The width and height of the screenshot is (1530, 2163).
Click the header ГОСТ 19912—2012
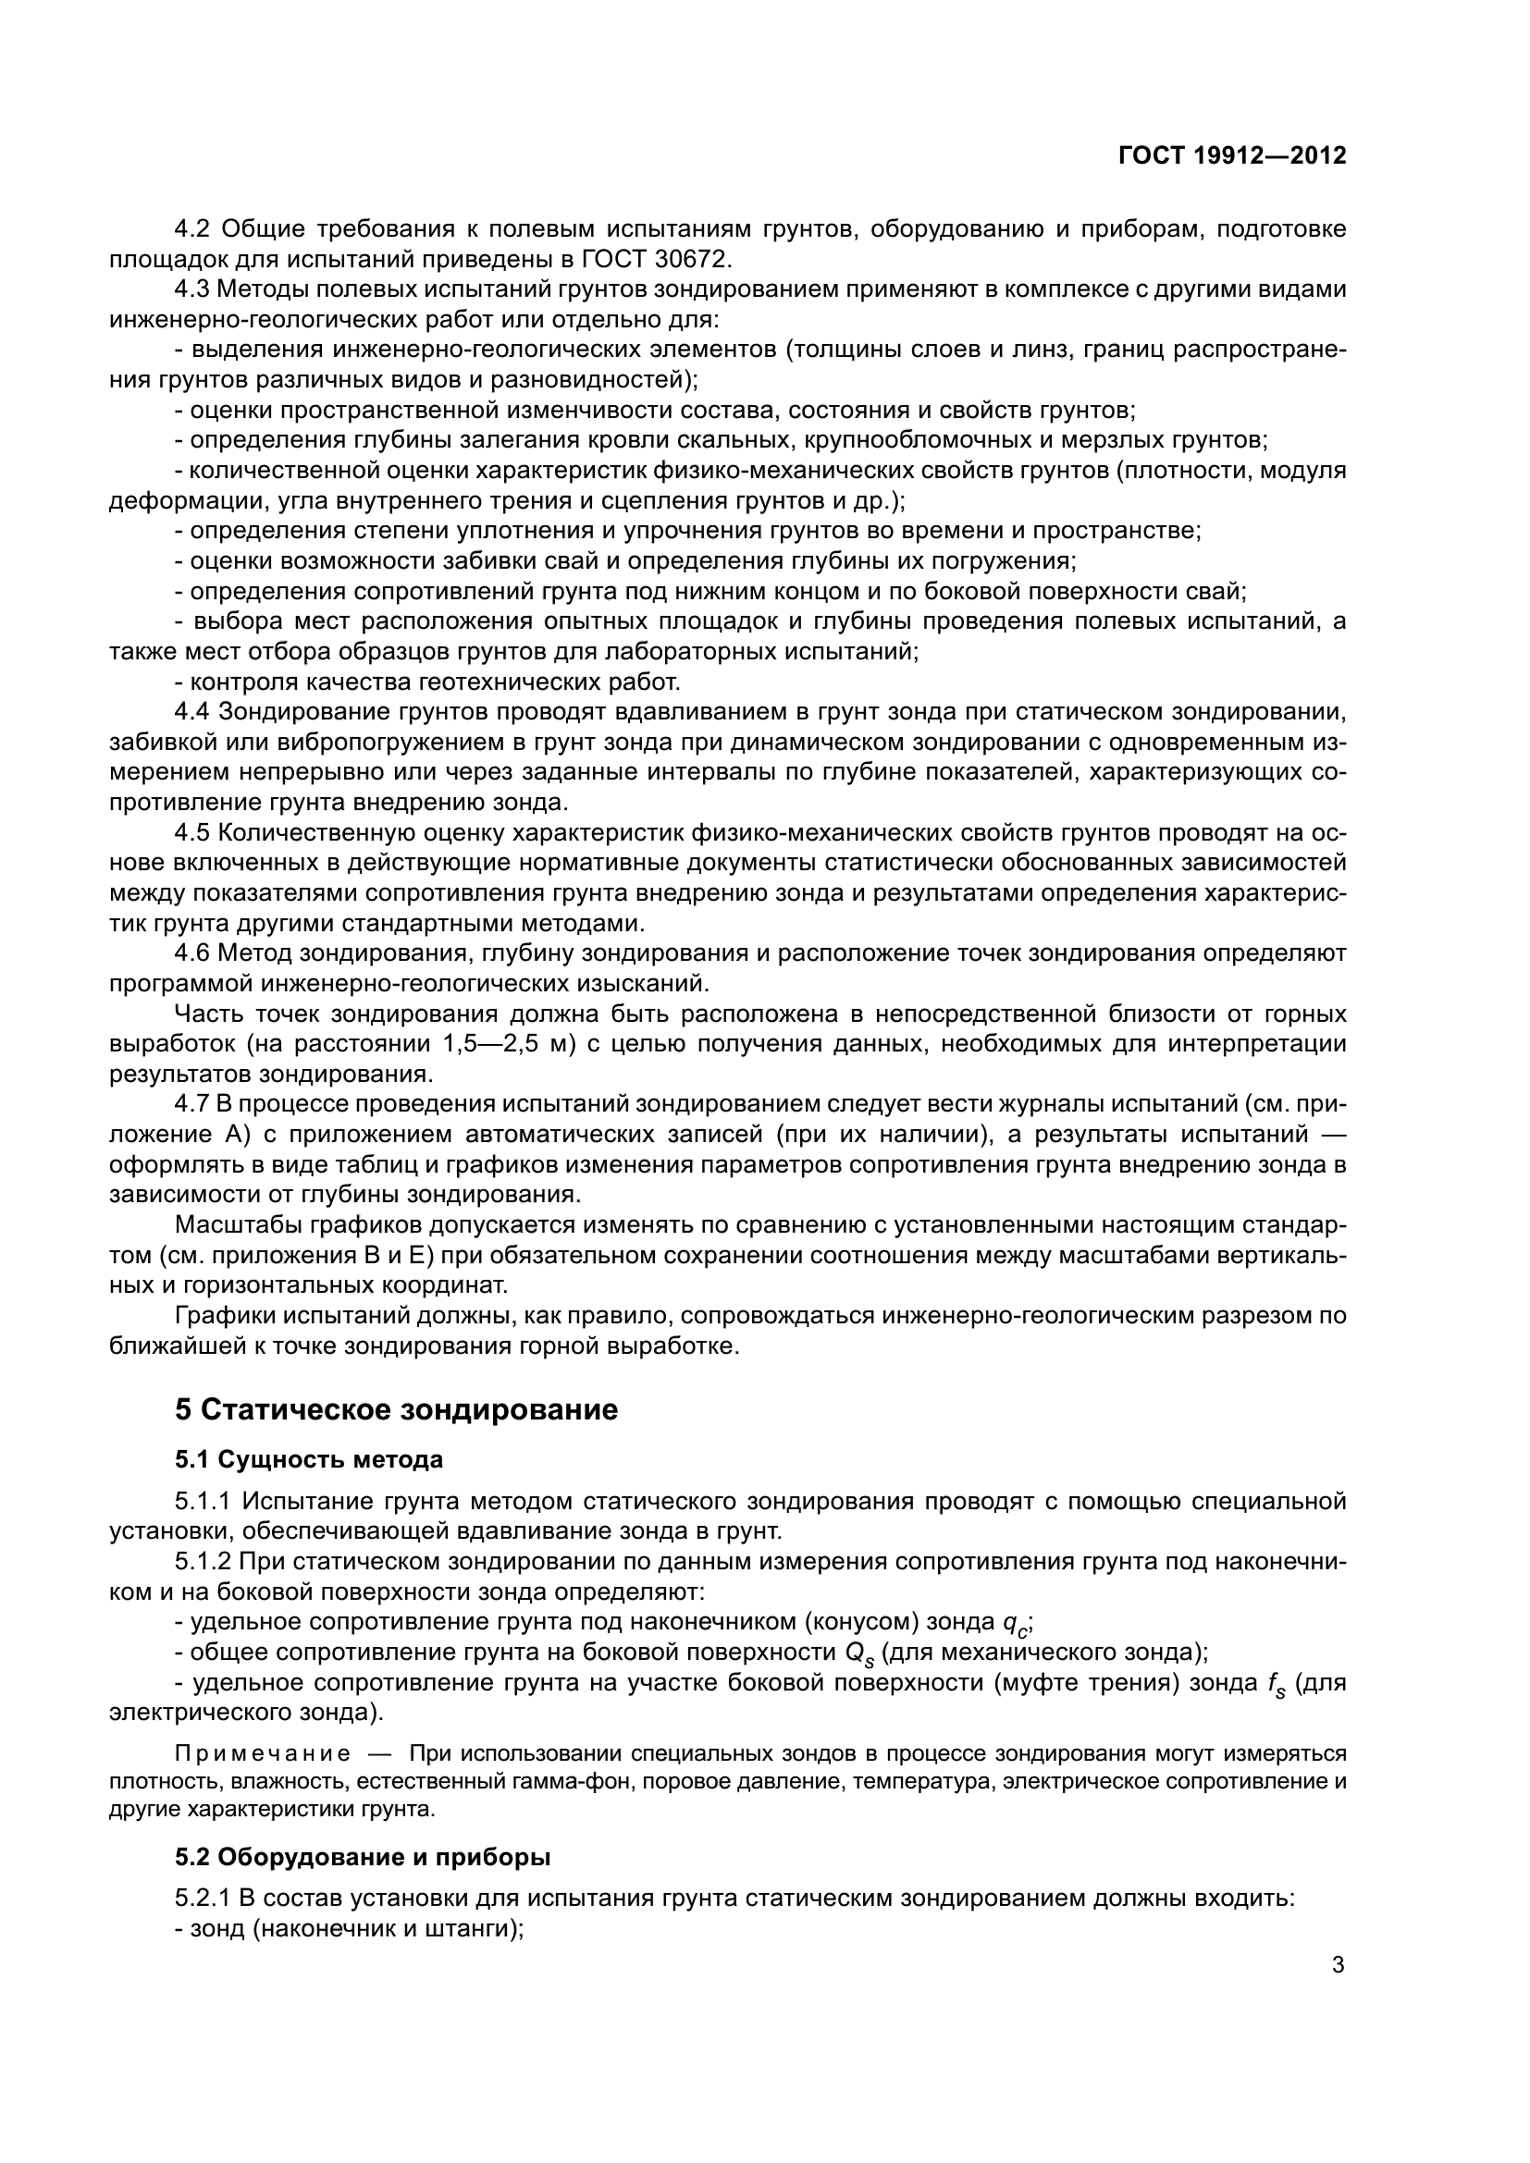point(1231,155)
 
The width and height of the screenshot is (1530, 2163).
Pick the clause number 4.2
point(194,228)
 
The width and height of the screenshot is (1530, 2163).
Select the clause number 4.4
point(194,711)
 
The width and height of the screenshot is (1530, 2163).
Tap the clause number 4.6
point(194,952)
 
